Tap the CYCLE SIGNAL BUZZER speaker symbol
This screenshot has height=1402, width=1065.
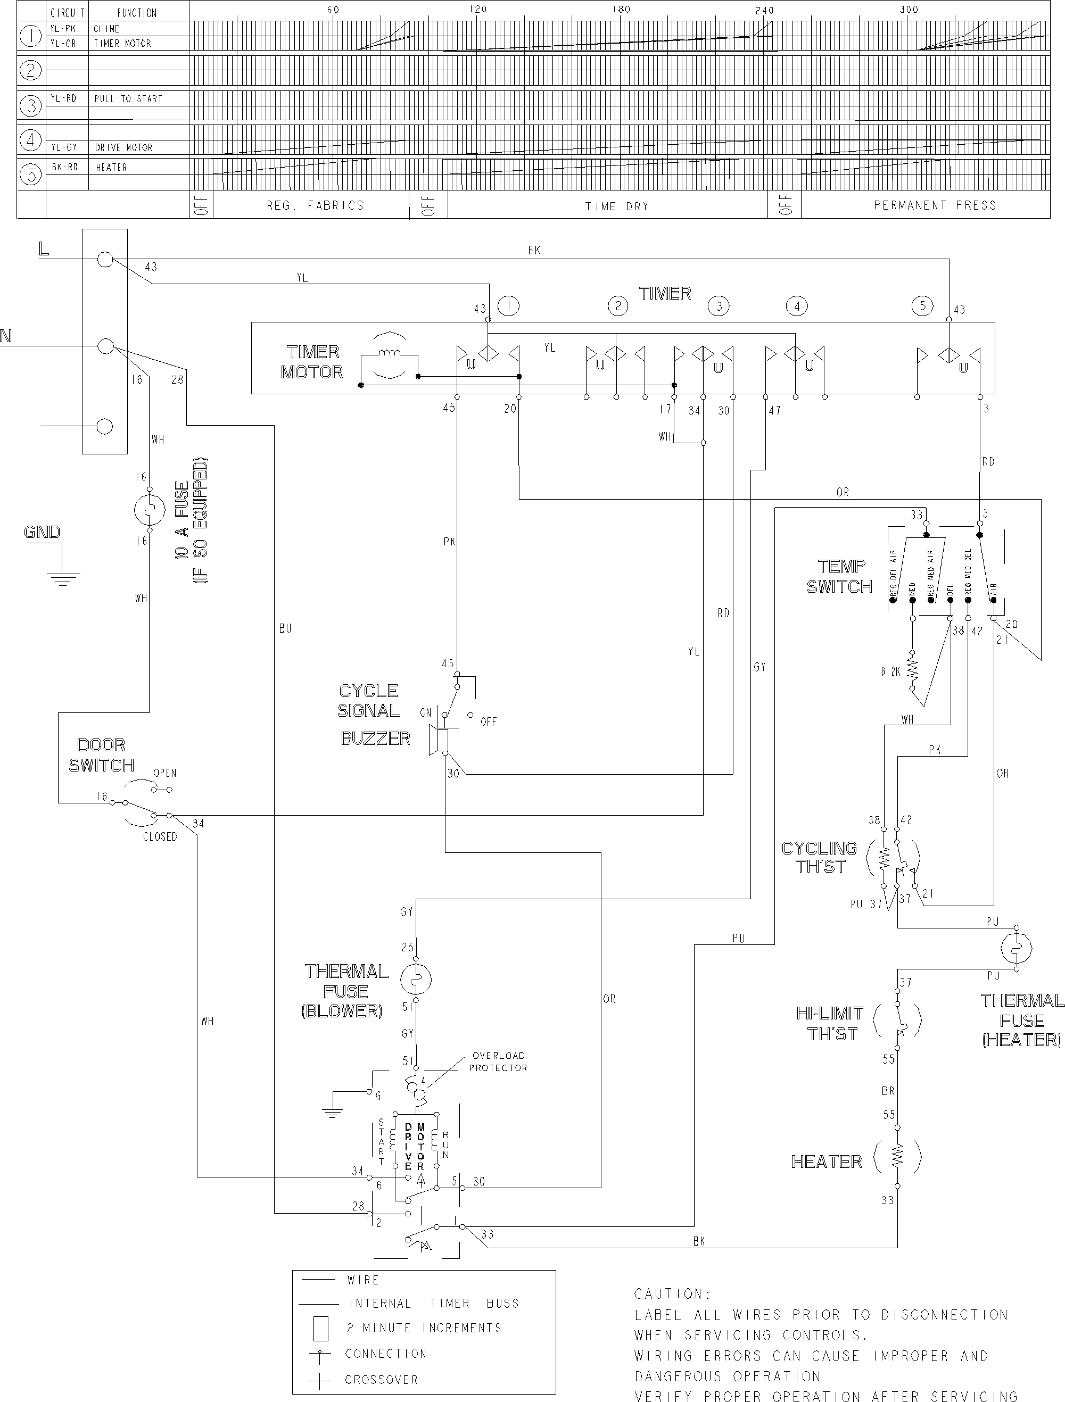point(439,740)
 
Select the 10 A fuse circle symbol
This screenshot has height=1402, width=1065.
point(150,510)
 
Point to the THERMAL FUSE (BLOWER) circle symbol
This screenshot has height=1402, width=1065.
point(416,979)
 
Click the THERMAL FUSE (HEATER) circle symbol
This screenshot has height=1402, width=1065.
point(1016,949)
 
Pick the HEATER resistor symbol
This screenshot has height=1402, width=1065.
point(897,1158)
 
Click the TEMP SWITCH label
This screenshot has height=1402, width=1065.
point(840,576)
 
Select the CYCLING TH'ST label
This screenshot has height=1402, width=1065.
point(819,857)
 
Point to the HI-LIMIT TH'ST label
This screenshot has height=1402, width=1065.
point(830,1024)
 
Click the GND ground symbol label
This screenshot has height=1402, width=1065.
point(42,532)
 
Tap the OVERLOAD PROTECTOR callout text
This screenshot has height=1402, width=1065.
point(498,1061)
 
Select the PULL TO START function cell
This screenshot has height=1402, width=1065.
point(129,99)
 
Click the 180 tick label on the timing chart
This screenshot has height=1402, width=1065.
point(621,10)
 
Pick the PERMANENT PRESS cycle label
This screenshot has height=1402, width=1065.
point(935,205)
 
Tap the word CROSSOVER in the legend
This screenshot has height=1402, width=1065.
point(382,1380)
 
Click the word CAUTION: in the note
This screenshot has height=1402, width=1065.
point(672,1293)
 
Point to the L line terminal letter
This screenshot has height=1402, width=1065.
point(44,249)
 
